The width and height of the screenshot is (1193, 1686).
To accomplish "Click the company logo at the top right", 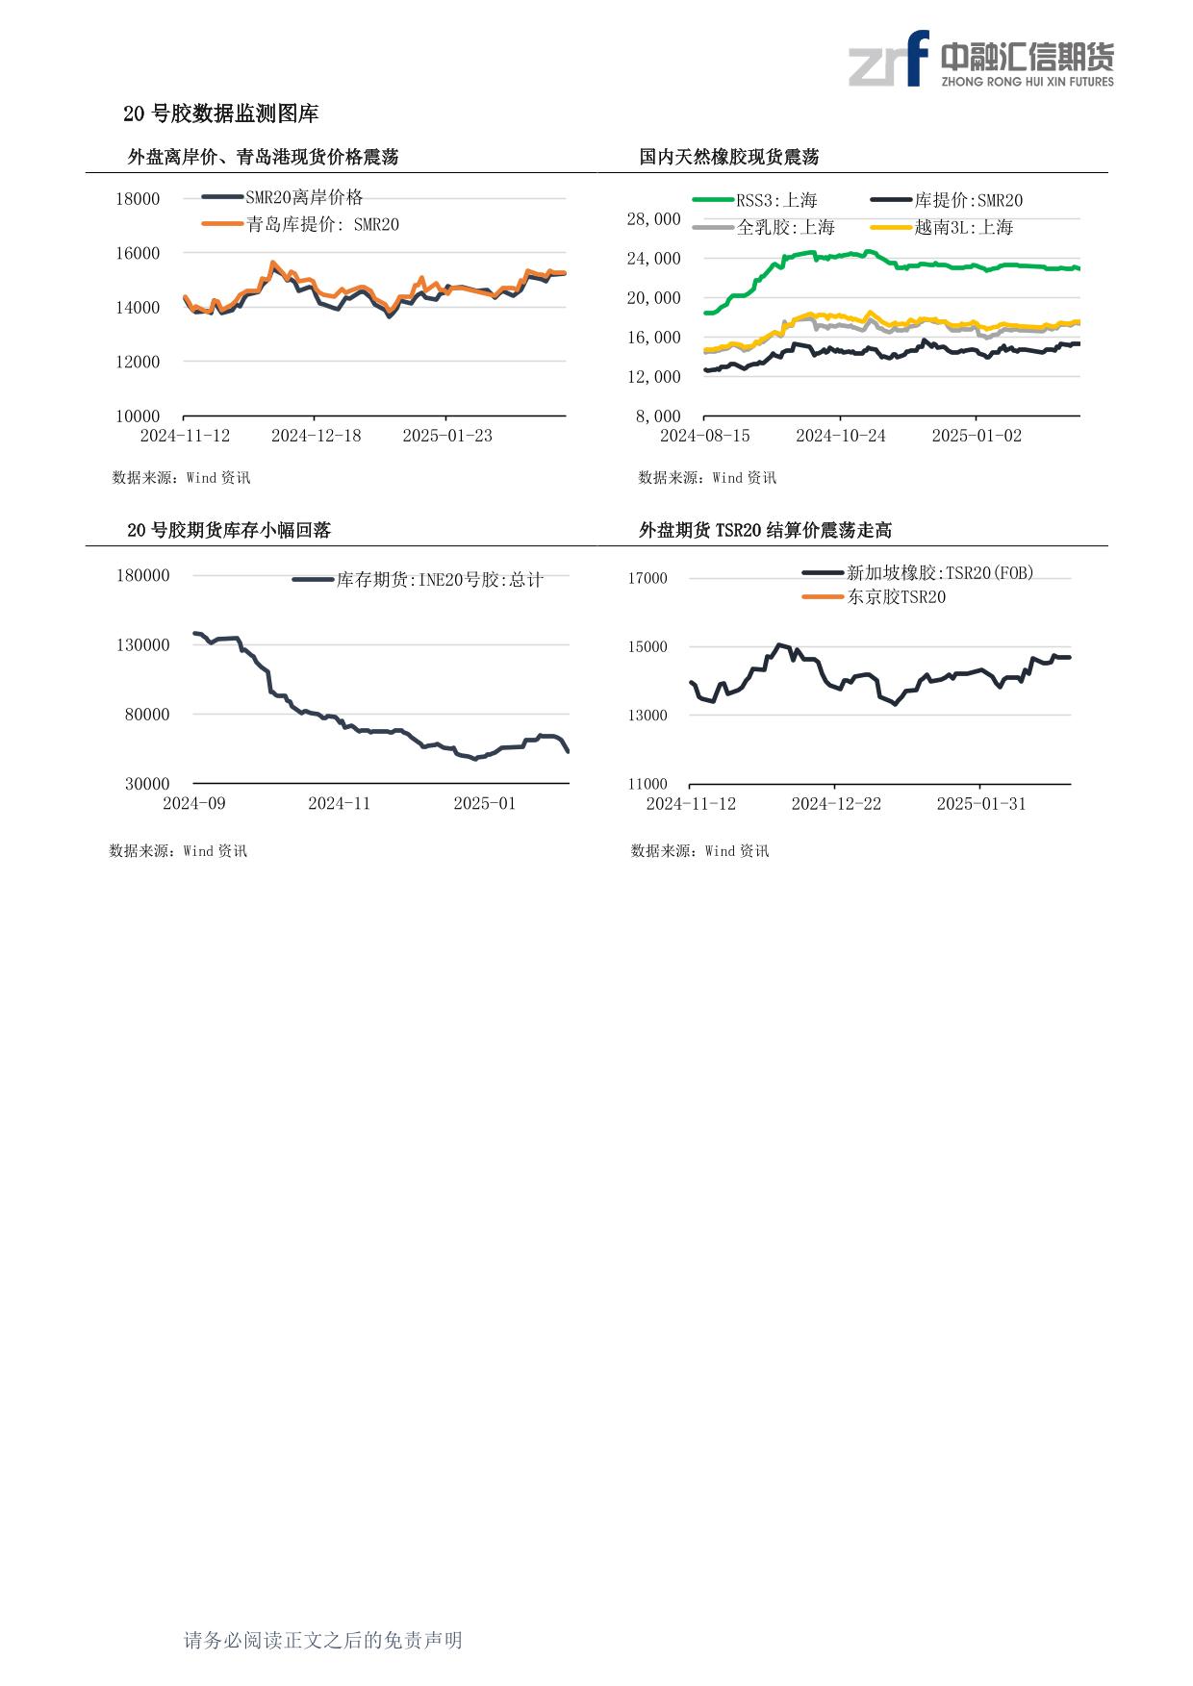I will (980, 59).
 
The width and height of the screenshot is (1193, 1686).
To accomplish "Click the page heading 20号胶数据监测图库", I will (220, 113).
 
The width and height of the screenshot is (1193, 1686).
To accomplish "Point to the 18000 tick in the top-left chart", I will (138, 199).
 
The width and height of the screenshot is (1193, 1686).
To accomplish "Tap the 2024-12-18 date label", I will (316, 436).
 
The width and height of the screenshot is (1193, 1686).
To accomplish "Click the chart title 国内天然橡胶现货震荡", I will (728, 157).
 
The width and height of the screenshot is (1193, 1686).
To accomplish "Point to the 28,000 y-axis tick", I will (653, 219).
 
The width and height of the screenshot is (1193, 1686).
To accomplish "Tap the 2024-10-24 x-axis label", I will (840, 436).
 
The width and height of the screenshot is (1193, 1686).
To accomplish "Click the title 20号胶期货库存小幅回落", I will (229, 530).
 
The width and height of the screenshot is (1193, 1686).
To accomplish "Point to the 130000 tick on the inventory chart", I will (143, 645).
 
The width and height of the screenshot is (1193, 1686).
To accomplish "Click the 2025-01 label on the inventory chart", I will (484, 803).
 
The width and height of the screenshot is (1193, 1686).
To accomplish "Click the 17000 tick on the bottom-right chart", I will (647, 578).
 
